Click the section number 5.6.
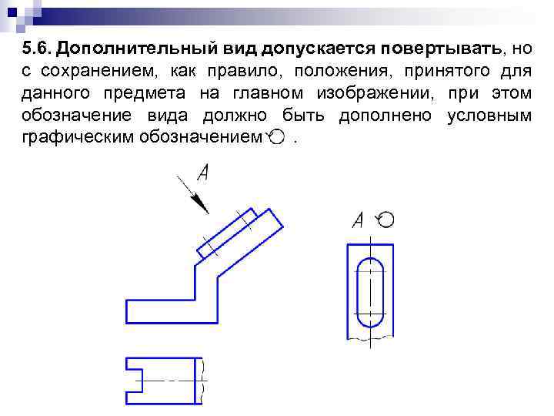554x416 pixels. (36, 49)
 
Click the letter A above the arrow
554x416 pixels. (204, 173)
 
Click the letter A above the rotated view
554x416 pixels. (358, 221)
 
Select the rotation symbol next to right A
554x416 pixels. (385, 220)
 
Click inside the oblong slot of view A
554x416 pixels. (372, 293)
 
